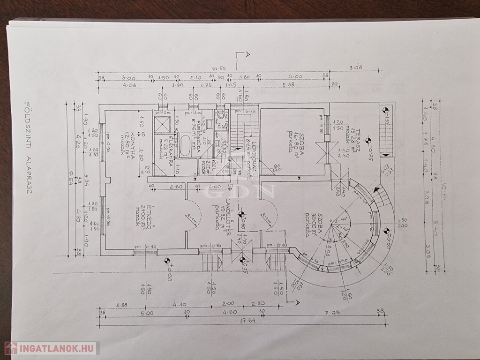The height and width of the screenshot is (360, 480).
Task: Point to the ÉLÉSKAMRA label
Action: coord(172,152)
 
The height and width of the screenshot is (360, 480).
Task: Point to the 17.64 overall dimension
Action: coord(246,322)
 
